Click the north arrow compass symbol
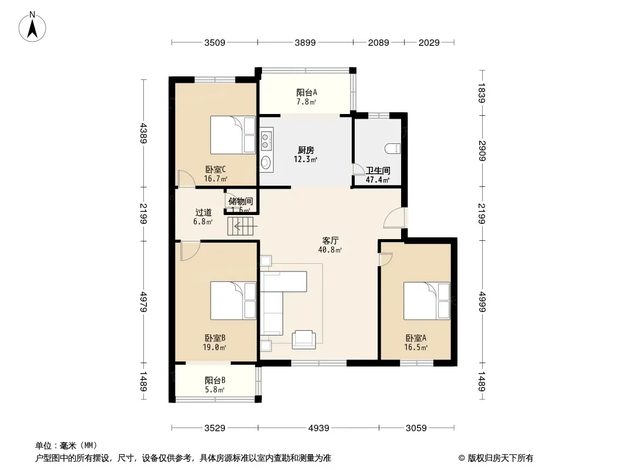click(32, 26)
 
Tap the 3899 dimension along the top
click(305, 42)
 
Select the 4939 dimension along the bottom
click(319, 428)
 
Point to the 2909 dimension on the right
click(482, 150)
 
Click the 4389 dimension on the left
click(144, 133)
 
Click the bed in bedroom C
click(233, 135)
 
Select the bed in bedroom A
click(426, 301)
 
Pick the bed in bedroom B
click(233, 301)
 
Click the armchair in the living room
click(304, 340)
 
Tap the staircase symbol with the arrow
click(241, 226)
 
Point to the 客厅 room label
click(331, 241)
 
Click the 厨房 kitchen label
click(306, 150)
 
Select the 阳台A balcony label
click(307, 93)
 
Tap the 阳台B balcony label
click(215, 381)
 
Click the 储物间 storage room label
click(241, 202)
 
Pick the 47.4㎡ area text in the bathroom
click(378, 180)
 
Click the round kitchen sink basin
click(265, 163)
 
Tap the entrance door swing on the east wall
click(393, 218)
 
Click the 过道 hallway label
click(203, 213)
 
